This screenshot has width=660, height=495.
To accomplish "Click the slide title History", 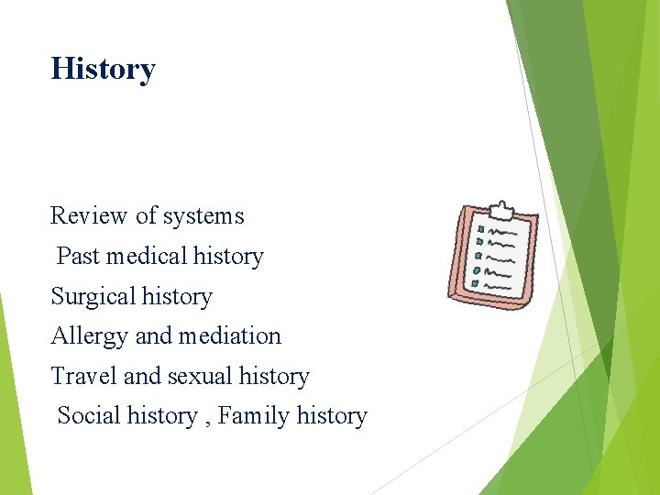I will coord(103,69).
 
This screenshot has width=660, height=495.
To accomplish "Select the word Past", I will coord(78,257).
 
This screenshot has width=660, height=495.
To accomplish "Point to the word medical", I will coord(138,257).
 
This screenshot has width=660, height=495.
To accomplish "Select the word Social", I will coord(89,416).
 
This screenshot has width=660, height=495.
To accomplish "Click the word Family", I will coord(253,417).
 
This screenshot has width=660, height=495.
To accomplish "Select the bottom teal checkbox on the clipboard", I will coord(475,284).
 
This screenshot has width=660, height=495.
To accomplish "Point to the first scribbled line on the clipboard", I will coord(503,230).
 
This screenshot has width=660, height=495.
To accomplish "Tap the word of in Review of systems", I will coord(146,216).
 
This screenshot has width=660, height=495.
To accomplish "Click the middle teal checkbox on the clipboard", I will coord(478,257).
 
